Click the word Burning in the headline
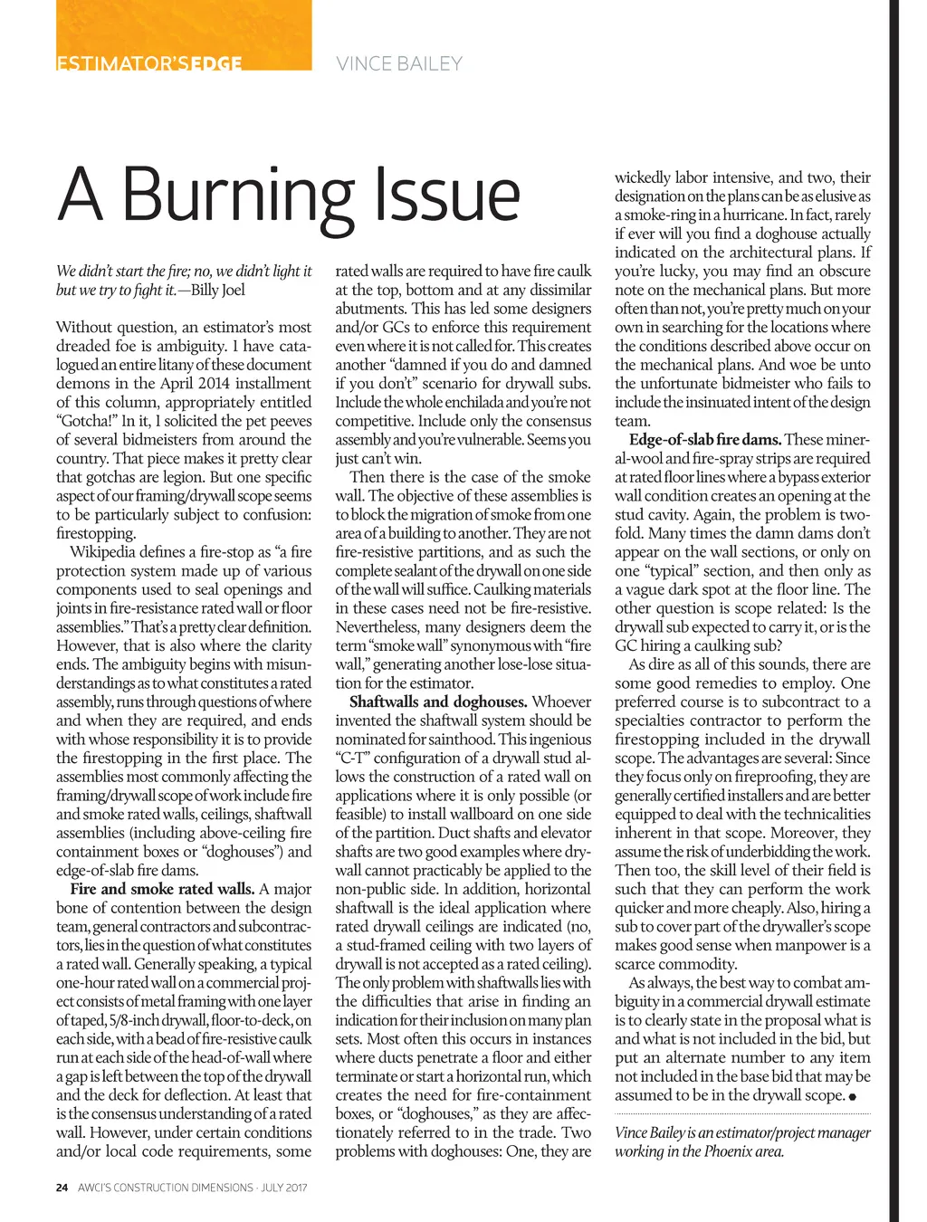coord(237,195)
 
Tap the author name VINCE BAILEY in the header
coord(399,63)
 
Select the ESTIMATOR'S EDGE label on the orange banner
coord(149,63)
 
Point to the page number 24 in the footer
coord(62,1188)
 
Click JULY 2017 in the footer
coord(283,1188)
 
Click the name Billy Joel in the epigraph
coord(217,290)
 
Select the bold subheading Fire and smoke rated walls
coord(162,889)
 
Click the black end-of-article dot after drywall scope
coord(853,1096)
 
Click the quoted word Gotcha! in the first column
coord(86,421)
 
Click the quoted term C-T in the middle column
coord(352,759)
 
